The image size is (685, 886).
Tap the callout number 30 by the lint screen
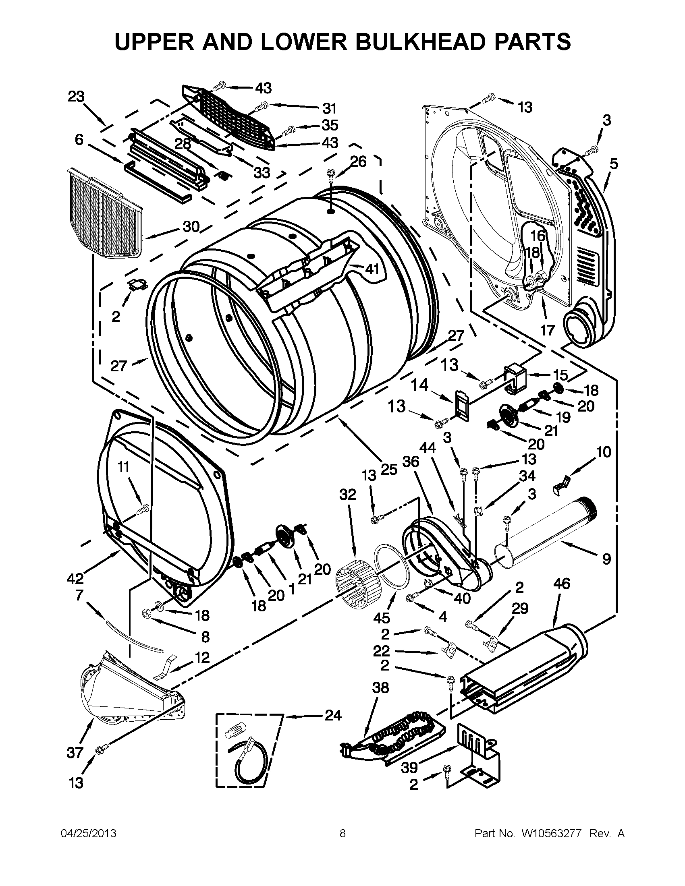coord(191,226)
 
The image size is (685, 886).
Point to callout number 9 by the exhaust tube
coord(606,559)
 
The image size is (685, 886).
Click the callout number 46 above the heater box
coord(562,584)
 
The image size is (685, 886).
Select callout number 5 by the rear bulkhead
coord(614,164)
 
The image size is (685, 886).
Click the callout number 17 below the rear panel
coord(547,330)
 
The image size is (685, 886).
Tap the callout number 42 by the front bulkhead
coord(76,578)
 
